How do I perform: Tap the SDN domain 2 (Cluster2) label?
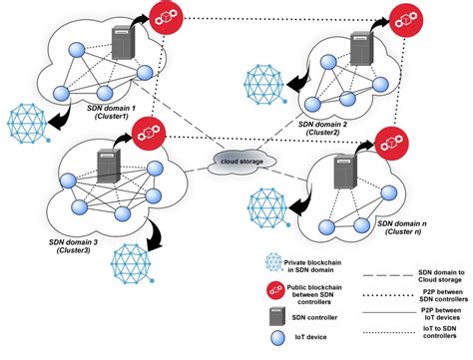pos(335,127)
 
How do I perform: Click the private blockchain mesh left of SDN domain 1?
pos(25,122)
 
